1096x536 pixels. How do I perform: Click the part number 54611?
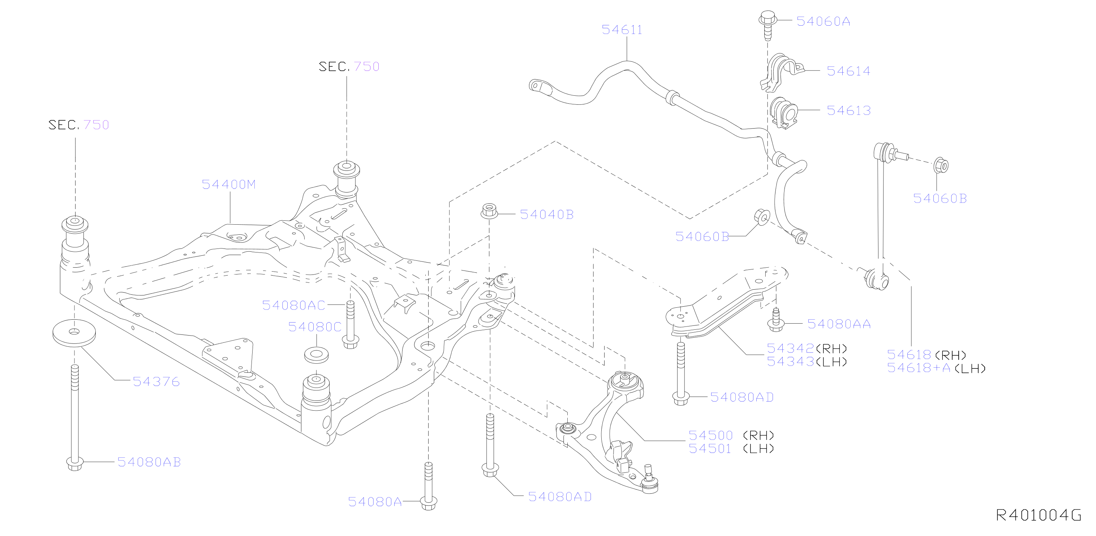coord(622,30)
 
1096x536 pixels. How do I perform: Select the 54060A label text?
coord(823,21)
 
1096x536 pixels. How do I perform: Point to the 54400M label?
coord(228,184)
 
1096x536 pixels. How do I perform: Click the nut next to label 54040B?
coord(489,211)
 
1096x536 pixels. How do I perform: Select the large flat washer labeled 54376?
coord(74,332)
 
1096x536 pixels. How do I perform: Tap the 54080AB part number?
coord(149,462)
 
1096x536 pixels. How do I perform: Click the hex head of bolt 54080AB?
coord(75,464)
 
